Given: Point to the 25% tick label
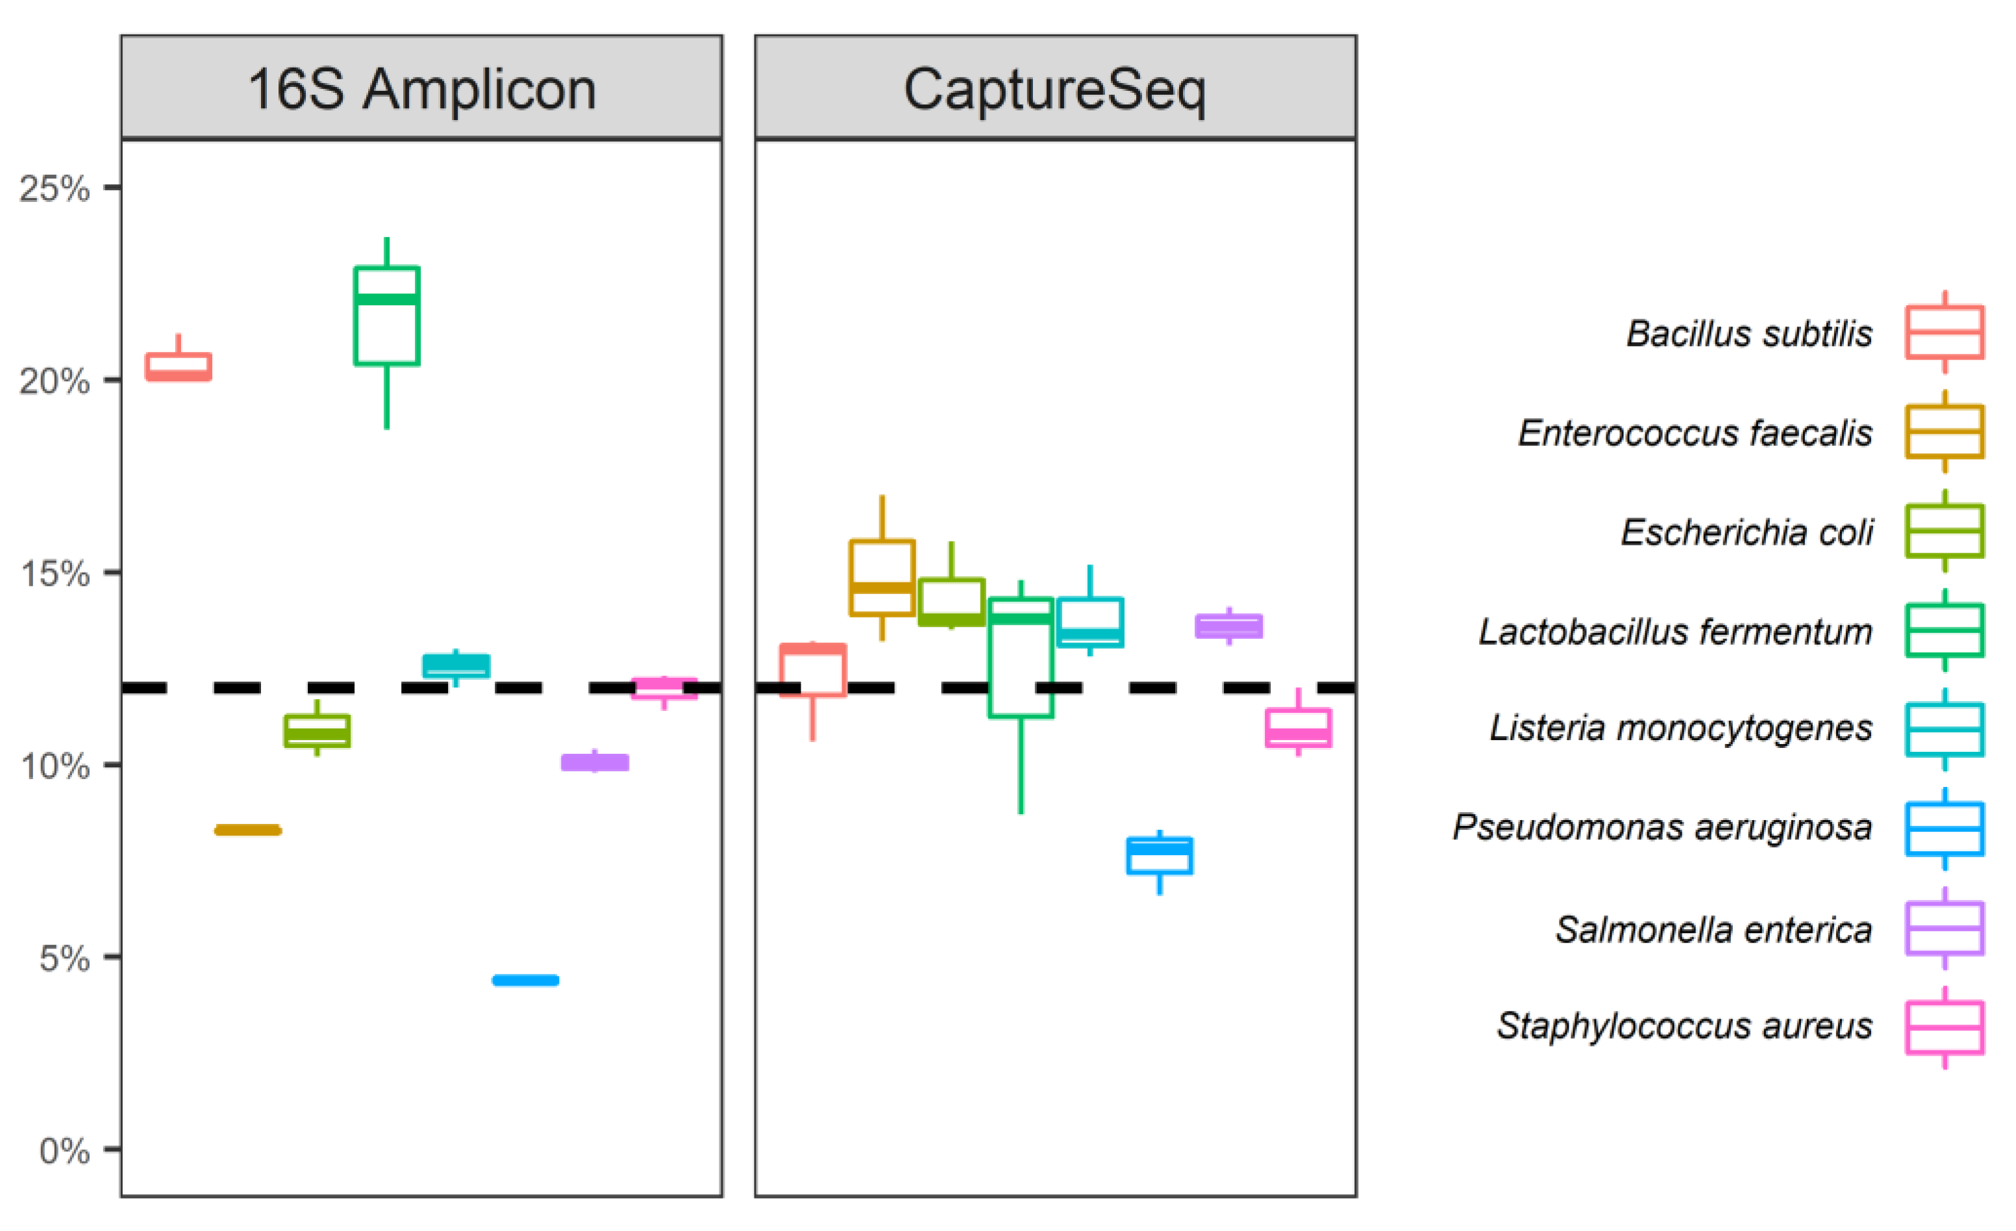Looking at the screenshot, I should [55, 189].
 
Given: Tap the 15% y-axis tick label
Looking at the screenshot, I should [55, 574].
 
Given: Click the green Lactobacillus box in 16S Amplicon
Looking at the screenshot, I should [387, 316].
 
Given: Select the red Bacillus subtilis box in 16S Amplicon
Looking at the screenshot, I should [179, 366].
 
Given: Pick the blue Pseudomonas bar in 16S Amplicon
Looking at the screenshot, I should [526, 980].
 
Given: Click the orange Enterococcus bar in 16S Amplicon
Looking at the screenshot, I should [248, 830].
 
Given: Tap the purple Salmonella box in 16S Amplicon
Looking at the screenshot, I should [595, 762].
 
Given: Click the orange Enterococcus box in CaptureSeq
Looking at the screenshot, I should [882, 577].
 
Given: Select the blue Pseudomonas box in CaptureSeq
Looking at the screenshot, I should [1160, 856].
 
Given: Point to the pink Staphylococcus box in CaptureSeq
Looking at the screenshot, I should [1299, 728].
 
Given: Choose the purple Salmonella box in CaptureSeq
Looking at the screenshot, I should [1229, 627].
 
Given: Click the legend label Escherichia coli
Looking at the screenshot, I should [1747, 532].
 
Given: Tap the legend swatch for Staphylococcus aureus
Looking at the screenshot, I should [1945, 1027].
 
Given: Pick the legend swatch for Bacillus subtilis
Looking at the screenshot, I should [1945, 332].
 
